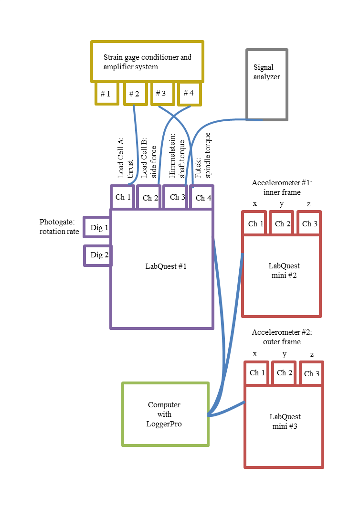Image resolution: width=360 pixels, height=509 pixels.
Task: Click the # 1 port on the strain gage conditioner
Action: click(106, 93)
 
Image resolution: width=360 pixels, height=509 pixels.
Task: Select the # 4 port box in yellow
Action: click(189, 93)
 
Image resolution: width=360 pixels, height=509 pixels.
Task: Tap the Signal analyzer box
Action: click(266, 84)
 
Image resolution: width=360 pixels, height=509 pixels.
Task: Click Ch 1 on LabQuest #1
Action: click(123, 197)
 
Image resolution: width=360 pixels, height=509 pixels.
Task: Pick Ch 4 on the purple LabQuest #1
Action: click(201, 198)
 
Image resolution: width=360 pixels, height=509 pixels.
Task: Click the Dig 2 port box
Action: click(98, 255)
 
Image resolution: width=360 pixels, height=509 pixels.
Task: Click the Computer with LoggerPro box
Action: click(165, 414)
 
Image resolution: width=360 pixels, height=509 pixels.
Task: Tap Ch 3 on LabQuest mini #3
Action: click(311, 373)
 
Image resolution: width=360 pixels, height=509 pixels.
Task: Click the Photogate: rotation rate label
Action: click(59, 227)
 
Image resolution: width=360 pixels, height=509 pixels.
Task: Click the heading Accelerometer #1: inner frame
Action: click(282, 188)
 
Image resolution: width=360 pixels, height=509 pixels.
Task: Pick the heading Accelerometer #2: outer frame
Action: click(282, 337)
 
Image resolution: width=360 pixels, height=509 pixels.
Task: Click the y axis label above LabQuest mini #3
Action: click(285, 354)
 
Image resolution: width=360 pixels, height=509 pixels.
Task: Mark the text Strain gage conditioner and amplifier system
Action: click(147, 62)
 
